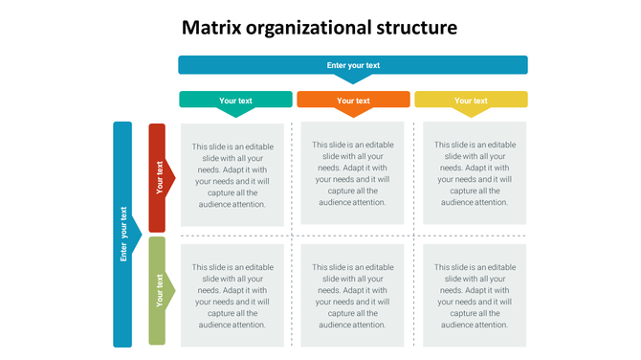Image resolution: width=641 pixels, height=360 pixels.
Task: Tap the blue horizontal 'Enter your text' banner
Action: [353, 65]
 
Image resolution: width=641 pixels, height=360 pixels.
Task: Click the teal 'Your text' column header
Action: [235, 100]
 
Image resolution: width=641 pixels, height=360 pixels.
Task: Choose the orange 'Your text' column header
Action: [353, 100]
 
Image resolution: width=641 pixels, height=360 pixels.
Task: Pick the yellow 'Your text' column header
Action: [471, 100]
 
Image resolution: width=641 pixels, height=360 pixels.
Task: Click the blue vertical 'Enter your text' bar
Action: [122, 234]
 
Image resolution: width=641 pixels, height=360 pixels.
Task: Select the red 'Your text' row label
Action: [157, 176]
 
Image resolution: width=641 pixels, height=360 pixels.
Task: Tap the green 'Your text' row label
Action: [157, 290]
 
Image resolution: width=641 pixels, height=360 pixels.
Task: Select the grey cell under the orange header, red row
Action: [353, 173]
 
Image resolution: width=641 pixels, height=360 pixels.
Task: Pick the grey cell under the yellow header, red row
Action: [475, 174]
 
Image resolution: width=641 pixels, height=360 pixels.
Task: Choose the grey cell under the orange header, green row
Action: [353, 296]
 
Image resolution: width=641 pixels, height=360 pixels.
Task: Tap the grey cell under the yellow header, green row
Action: [475, 296]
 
